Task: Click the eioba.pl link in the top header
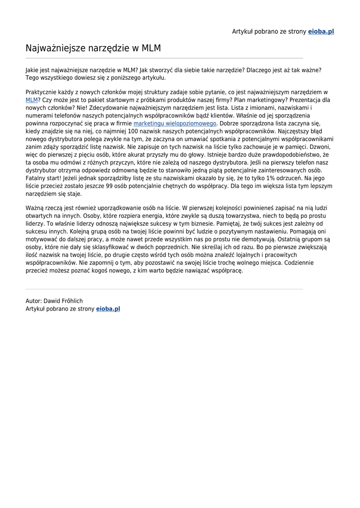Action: (x=321, y=32)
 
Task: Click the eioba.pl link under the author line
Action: (x=108, y=309)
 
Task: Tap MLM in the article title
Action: (x=151, y=49)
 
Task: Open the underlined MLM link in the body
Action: (x=31, y=100)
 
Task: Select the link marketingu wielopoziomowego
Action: (x=175, y=123)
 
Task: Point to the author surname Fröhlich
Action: (x=70, y=301)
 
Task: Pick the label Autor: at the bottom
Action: (x=34, y=301)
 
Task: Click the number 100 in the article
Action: (x=133, y=131)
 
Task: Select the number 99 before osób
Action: (x=104, y=186)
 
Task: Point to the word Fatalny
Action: (x=36, y=178)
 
